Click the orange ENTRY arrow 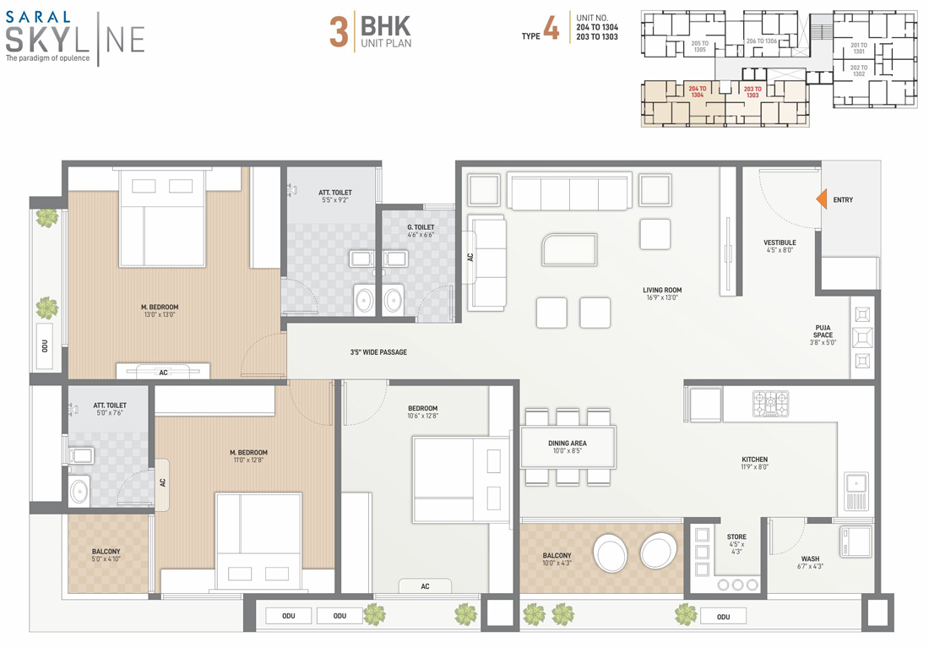tap(822, 199)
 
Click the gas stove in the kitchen tap(770, 403)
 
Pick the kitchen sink tap(856, 492)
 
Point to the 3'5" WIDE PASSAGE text tap(378, 352)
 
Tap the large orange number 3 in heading tap(339, 31)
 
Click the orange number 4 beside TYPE tap(551, 27)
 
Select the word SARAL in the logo tap(38, 17)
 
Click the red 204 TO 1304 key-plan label tap(698, 91)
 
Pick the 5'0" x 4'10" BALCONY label tap(106, 555)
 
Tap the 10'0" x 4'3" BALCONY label tap(557, 559)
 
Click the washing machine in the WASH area tap(855, 542)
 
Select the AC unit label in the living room tap(470, 258)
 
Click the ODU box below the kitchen tap(724, 617)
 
